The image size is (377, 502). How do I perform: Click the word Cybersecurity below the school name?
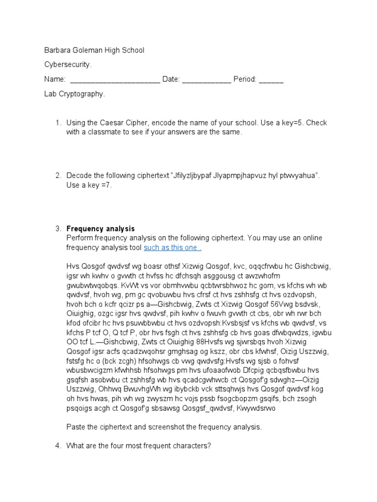click(x=68, y=65)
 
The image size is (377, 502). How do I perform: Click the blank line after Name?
click(x=115, y=79)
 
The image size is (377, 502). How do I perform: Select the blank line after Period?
click(x=271, y=79)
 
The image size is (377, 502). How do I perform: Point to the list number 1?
click(x=57, y=123)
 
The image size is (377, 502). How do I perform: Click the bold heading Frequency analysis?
click(x=100, y=228)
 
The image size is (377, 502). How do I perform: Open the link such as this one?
click(x=172, y=248)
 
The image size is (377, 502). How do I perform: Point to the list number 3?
click(x=57, y=228)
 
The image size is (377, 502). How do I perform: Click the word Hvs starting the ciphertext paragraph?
click(x=73, y=267)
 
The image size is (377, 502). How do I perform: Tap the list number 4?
click(x=57, y=446)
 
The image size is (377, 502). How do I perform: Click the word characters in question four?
click(x=192, y=446)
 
